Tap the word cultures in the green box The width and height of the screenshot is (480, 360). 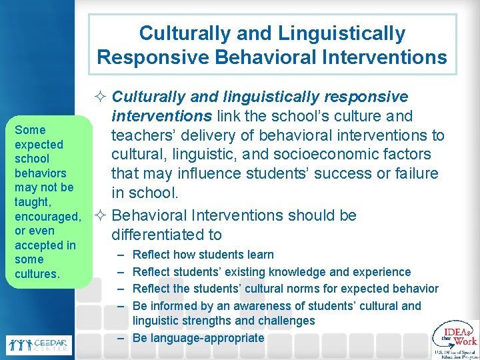[x=37, y=274]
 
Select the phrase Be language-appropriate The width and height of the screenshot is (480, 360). [x=198, y=338]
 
